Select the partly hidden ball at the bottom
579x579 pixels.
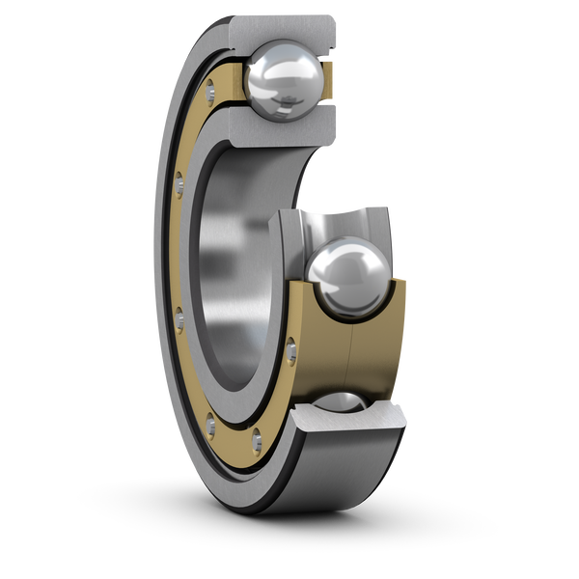tap(344, 405)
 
